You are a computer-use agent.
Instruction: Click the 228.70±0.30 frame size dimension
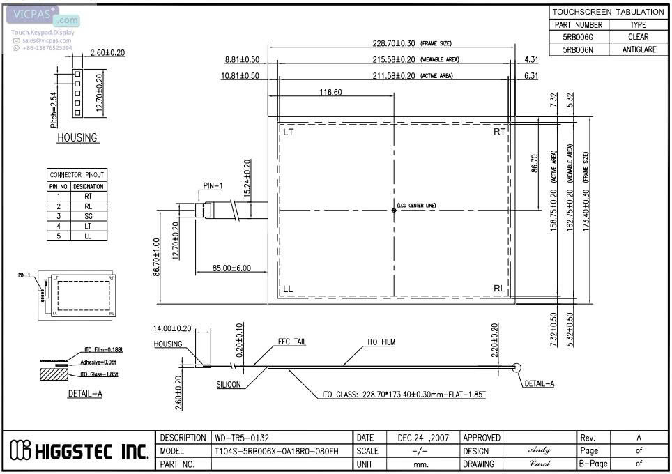(394, 43)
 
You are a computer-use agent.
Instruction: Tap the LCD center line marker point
(394, 210)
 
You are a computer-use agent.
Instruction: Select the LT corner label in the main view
(289, 132)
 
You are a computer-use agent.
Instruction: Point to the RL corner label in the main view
(499, 289)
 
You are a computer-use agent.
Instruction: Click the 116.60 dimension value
(330, 93)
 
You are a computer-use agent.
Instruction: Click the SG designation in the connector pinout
(89, 216)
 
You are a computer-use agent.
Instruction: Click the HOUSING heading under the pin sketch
(77, 137)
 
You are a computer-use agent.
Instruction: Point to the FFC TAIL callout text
(291, 342)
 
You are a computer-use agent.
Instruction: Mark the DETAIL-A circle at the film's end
(517, 368)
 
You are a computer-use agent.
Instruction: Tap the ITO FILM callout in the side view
(383, 342)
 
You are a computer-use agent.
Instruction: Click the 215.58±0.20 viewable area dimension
(394, 59)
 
